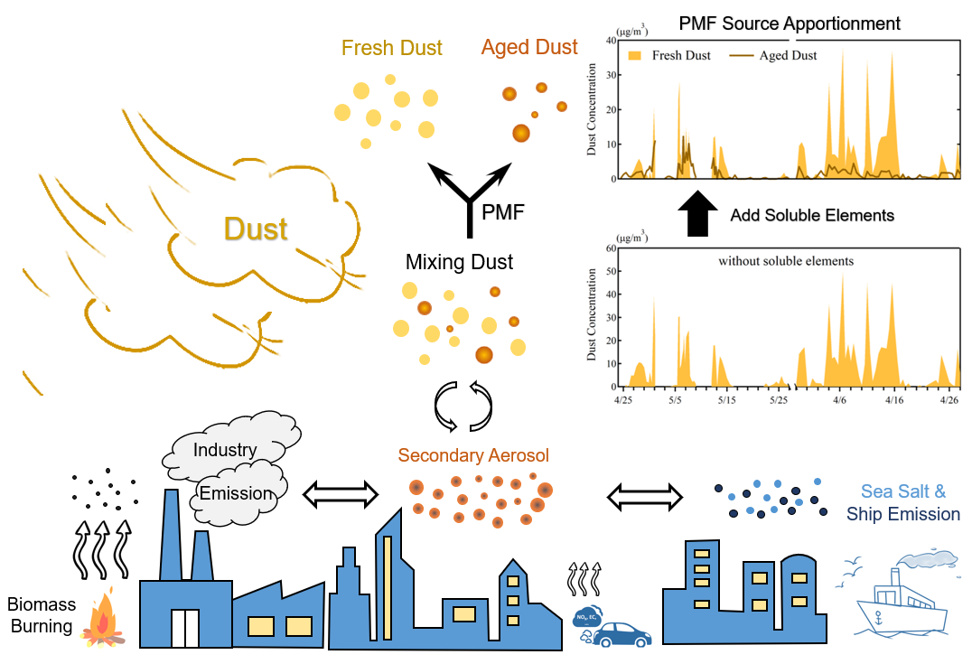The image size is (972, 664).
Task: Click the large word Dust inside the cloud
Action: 256,229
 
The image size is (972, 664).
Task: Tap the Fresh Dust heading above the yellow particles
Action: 392,48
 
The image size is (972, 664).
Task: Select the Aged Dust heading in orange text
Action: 529,47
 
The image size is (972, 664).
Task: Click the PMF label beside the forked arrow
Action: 503,213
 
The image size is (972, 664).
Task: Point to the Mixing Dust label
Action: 459,263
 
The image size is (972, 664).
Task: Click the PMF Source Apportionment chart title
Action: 790,23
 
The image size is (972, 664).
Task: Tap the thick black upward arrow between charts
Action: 696,214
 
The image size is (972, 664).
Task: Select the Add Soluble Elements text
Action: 812,215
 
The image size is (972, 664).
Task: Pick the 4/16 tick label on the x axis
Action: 893,398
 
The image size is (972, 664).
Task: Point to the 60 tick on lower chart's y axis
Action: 610,247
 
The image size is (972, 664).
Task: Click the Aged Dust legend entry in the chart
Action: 773,55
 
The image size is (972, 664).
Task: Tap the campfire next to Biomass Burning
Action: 103,623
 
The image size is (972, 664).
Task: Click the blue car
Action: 622,633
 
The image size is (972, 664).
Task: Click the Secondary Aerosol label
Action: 473,454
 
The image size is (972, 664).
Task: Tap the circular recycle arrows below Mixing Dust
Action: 463,407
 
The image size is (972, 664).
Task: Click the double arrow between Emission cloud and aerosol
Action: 341,493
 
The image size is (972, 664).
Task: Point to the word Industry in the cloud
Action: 225,449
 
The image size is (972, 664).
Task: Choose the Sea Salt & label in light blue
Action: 902,491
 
